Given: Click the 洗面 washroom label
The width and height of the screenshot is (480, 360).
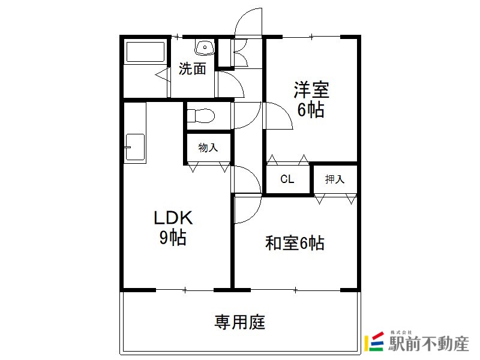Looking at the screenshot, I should coord(193,69).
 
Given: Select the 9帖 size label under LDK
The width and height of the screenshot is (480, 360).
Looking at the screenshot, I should coord(173,238).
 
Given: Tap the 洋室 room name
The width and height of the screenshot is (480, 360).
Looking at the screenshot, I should coord(311,91).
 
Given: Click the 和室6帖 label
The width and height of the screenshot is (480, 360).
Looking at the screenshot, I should coord(295,243).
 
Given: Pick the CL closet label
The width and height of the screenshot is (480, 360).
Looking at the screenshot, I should coord(287,179).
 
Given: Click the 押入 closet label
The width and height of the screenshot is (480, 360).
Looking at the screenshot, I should coord(335,179).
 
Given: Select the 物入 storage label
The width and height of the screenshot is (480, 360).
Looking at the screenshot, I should coord(208,148).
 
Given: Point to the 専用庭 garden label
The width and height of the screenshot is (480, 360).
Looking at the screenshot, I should coord(240,322).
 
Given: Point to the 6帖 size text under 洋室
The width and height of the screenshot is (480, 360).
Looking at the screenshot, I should coord(311,110).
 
